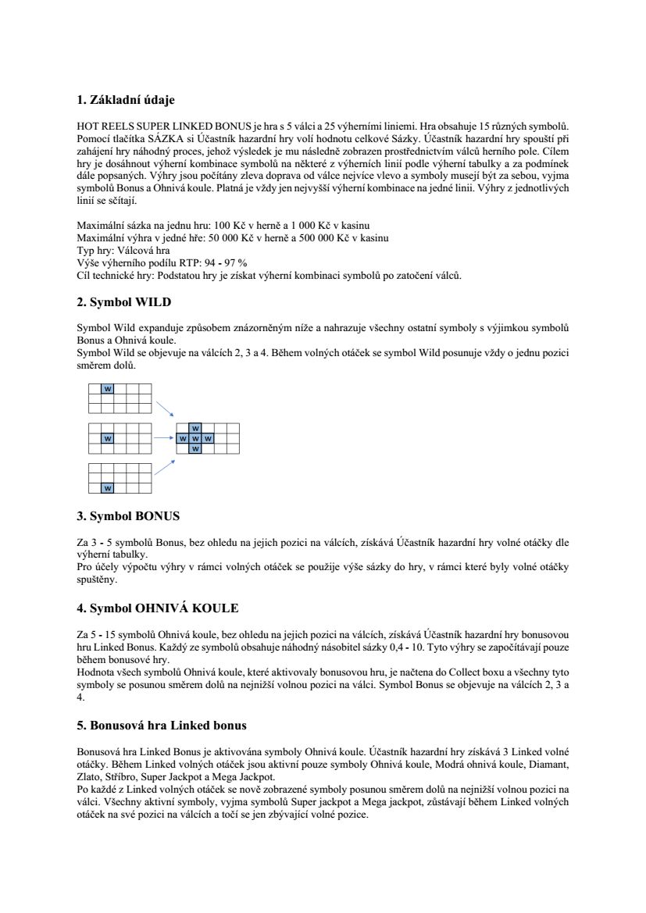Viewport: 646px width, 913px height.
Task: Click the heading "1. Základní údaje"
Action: pos(126,100)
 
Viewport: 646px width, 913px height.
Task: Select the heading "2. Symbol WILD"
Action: pos(123,301)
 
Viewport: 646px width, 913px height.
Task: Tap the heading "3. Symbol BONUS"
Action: pos(128,516)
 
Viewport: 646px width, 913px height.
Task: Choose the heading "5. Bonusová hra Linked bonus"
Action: pos(162,726)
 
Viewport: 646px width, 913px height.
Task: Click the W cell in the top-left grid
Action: pos(108,388)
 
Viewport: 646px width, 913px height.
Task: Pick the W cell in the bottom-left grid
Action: pos(108,488)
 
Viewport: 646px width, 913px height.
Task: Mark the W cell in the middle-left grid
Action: pos(108,438)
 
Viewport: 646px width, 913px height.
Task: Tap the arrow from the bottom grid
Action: pos(164,466)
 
